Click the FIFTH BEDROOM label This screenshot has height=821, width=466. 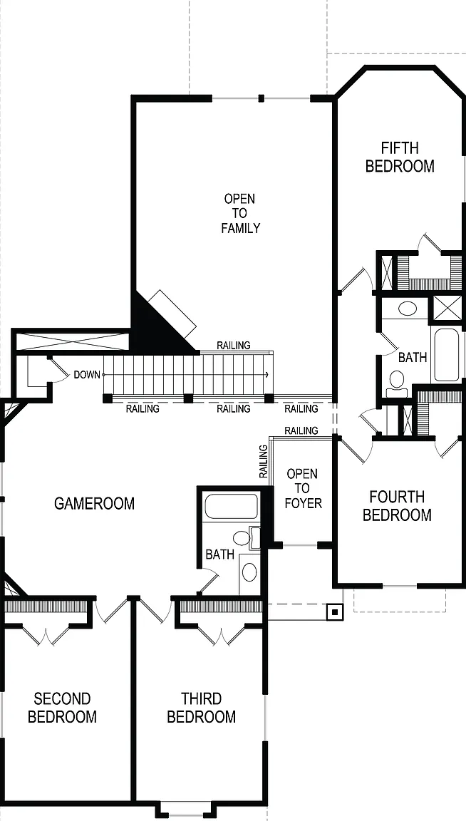pos(400,157)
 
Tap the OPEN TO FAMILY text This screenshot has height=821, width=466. pos(240,213)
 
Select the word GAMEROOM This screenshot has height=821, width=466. pos(94,504)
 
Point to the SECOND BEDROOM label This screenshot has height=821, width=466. pos(62,708)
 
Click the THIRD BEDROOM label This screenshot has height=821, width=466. pos(202,708)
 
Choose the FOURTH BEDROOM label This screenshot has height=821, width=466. pos(398,506)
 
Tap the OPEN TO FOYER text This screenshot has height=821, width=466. pos(303,488)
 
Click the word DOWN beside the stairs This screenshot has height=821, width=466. pos(87,375)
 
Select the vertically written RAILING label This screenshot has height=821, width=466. pos(263,461)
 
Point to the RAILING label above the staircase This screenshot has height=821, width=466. pos(234,346)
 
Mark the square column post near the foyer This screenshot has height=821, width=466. pos(335,611)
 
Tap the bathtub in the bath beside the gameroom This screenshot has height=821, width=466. pos(232,506)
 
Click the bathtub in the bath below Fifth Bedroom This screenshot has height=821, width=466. pos(446,355)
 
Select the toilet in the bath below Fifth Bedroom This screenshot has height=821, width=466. pos(397,384)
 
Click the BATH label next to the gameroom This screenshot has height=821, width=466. pos(220,554)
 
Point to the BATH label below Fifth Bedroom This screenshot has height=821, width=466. pos(413,358)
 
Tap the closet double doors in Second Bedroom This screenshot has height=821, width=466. pos(46,634)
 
